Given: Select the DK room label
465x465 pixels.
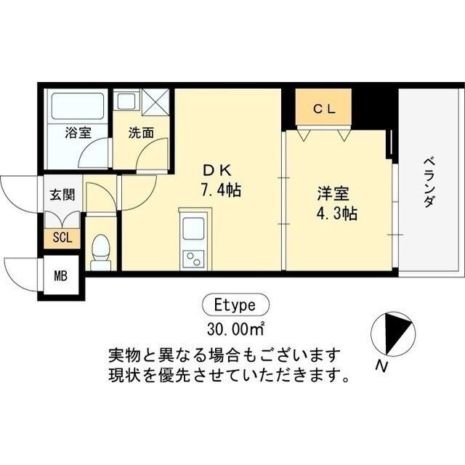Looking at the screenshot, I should point(216,171).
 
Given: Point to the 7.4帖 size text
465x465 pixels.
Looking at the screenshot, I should point(221,191).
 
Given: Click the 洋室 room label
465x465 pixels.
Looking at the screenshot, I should point(333,194).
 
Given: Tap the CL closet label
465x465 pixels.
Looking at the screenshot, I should point(323,110).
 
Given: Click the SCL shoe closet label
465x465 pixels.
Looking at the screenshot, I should point(62,238).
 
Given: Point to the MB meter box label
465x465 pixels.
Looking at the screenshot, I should point(61,277).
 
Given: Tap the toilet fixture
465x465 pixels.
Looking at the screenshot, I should point(101,250).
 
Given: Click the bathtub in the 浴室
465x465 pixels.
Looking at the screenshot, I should point(77,106).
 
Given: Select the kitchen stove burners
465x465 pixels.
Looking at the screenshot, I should point(194,257).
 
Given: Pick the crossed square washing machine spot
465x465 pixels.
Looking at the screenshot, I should point(155,101).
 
